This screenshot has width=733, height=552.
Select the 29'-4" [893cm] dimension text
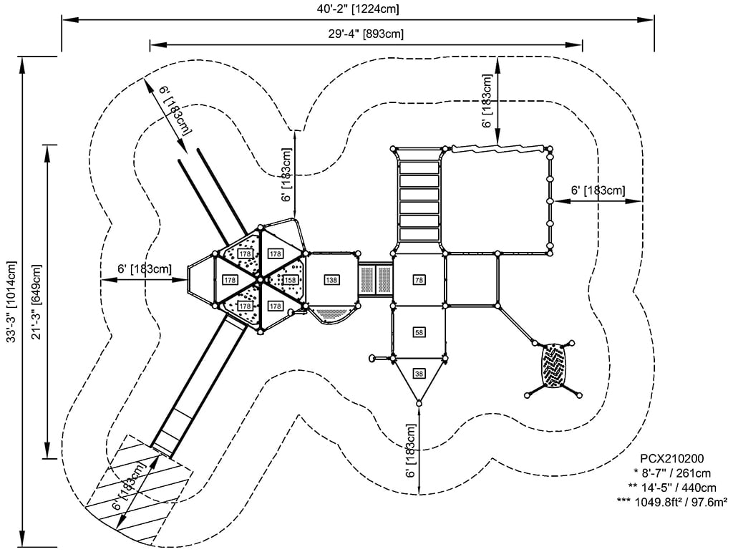click(366, 34)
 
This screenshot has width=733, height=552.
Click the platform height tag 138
click(331, 279)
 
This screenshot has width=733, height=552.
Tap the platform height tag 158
click(290, 279)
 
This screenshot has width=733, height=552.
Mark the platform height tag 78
click(419, 279)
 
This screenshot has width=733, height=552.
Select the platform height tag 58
click(419, 332)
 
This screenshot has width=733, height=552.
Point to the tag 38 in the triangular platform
click(419, 373)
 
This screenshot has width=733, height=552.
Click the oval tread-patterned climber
click(554, 366)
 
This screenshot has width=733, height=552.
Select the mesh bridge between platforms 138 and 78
click(374, 279)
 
